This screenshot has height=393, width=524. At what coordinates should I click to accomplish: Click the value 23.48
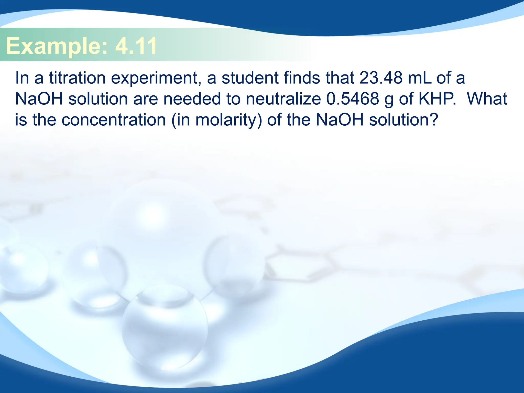pyautogui.click(x=381, y=78)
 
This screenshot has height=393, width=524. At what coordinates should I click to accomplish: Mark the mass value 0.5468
pyautogui.click(x=353, y=99)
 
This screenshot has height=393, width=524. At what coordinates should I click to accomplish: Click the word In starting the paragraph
pyautogui.click(x=22, y=78)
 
